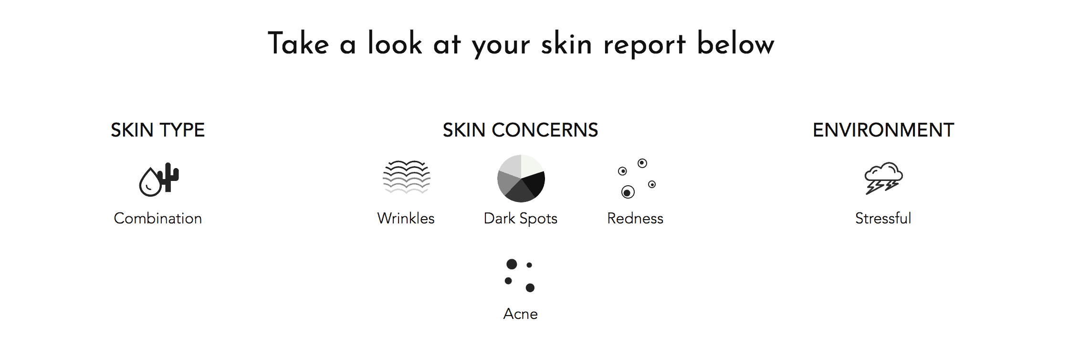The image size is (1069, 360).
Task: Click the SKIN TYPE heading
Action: (157, 130)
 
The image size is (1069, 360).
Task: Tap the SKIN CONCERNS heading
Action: (520, 130)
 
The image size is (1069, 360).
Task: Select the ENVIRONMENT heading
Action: (883, 130)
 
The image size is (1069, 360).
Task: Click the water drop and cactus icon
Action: (159, 180)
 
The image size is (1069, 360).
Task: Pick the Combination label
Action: (158, 218)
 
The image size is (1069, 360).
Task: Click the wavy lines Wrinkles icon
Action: (407, 177)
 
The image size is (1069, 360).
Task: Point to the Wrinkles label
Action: (406, 218)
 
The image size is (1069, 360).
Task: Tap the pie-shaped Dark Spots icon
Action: (521, 179)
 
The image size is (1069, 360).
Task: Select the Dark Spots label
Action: (521, 219)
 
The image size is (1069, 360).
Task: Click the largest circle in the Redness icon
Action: (628, 192)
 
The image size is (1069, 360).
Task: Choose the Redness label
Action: (635, 218)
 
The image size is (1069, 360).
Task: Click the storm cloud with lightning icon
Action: (884, 178)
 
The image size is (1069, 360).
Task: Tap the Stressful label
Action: (883, 218)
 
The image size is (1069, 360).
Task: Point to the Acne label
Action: (521, 314)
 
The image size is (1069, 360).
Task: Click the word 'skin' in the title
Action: (566, 44)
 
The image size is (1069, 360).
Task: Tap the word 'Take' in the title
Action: (298, 43)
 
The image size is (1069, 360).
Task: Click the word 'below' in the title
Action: (735, 43)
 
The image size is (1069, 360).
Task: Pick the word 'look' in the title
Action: (395, 43)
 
